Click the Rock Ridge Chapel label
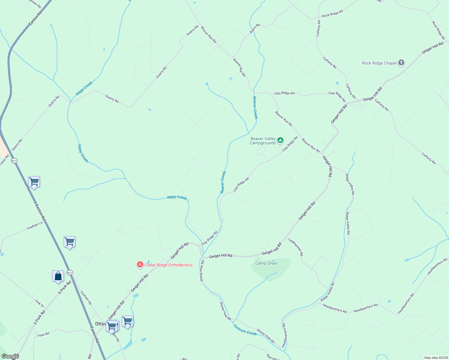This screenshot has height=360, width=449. pyautogui.click(x=379, y=63)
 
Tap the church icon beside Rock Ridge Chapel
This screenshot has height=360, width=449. pyautogui.click(x=401, y=63)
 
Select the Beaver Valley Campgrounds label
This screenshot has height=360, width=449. pyautogui.click(x=263, y=141)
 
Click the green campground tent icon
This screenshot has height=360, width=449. pyautogui.click(x=280, y=140)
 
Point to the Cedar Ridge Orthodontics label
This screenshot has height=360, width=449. pyautogui.click(x=168, y=265)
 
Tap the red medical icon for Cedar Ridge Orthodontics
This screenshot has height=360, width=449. pyautogui.click(x=140, y=265)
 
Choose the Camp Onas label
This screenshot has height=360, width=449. pyautogui.click(x=266, y=263)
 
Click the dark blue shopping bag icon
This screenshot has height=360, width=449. pyautogui.click(x=58, y=276)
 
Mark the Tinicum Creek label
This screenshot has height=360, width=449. pyautogui.click(x=245, y=330)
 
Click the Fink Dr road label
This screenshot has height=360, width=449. pyautogui.click(x=40, y=304)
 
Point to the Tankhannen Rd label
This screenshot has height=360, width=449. pyautogui.click(x=296, y=247)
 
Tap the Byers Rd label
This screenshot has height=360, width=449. pyautogui.click(x=255, y=28)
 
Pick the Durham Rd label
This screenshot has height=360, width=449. pyautogui.click(x=86, y=298)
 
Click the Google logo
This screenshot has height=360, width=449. pyautogui.click(x=10, y=356)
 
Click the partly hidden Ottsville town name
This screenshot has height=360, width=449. pyautogui.click(x=100, y=324)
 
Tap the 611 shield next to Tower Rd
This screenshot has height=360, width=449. pyautogui.click(x=14, y=161)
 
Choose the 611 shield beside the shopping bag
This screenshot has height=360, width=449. pyautogui.click(x=70, y=272)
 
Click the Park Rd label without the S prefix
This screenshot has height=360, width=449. pyautogui.click(x=44, y=334)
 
